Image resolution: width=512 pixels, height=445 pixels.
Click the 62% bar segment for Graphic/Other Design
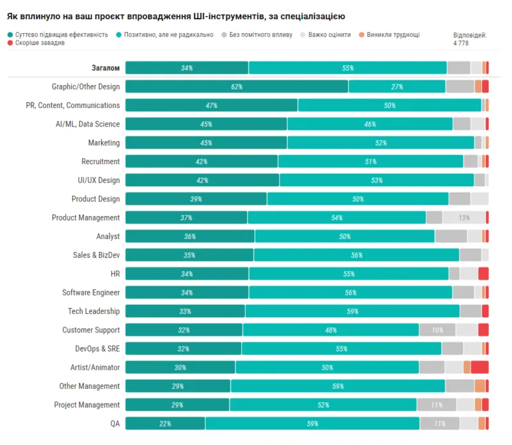tap(237, 86)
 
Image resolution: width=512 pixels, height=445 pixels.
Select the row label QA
tap(115, 423)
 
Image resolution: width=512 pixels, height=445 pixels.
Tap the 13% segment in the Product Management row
tap(463, 217)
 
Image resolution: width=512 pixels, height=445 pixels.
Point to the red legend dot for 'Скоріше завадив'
tap(10, 43)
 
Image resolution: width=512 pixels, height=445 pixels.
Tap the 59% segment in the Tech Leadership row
tap(352, 311)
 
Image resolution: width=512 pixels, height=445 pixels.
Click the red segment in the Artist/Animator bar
tap(479, 367)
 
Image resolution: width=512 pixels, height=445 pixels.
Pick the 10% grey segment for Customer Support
tap(437, 330)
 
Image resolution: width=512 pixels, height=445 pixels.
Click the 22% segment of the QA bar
tap(165, 423)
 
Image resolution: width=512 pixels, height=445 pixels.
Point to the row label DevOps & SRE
tap(97, 348)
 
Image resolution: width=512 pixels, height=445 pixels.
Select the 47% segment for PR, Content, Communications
tap(211, 105)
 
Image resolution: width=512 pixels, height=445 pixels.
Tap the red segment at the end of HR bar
tap(483, 274)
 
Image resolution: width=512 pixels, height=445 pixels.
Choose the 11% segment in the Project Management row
tap(436, 405)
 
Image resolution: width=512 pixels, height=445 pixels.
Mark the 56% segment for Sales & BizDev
tap(356, 255)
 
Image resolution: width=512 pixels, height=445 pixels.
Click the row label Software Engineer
tap(91, 292)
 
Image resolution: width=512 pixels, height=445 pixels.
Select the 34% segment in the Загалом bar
tap(186, 68)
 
